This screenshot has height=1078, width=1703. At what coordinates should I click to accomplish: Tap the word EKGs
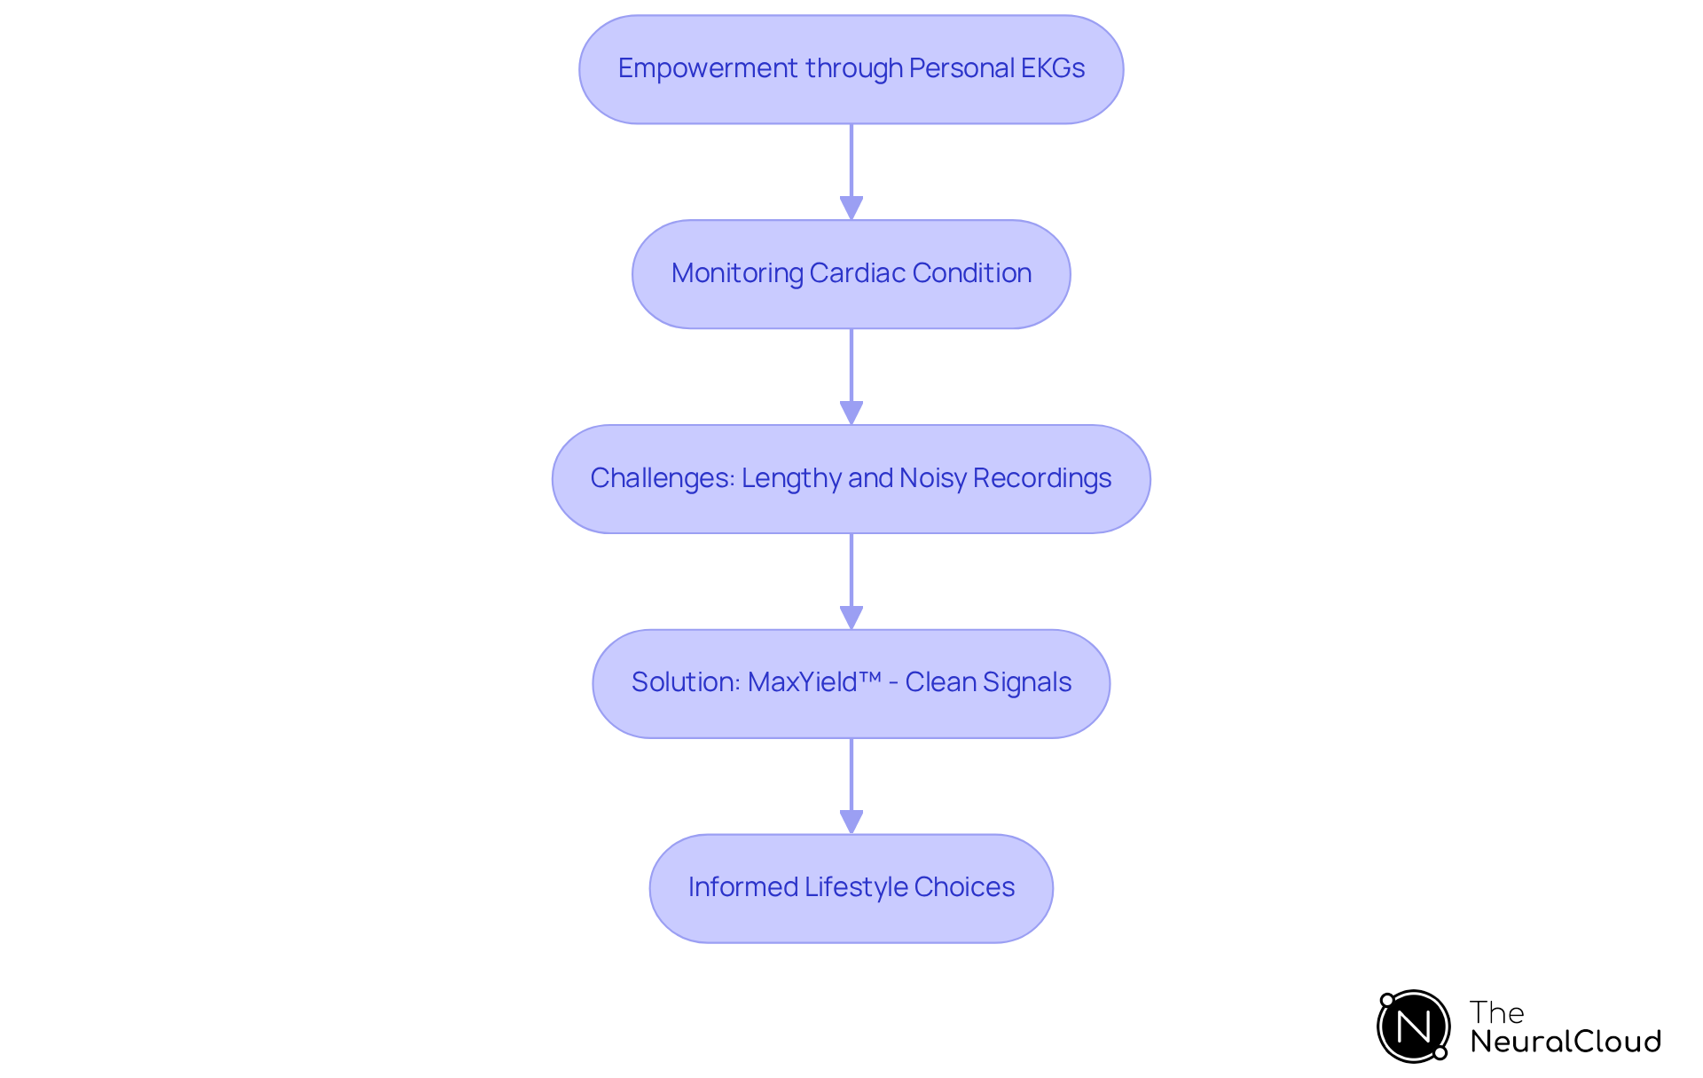pos(1052,68)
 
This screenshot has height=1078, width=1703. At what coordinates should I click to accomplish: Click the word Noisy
pos(932,478)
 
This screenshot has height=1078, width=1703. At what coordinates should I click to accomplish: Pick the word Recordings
pos(1042,478)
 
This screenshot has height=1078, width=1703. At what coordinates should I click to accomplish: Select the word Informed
pos(742,887)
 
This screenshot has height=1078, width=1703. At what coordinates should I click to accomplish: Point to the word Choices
pos(964,887)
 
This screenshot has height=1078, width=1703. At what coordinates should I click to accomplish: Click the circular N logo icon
pos(1413,1027)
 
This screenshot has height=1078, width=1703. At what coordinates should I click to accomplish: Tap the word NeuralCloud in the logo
pos(1566,1042)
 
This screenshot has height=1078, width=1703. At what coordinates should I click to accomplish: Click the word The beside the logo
pos(1496,1012)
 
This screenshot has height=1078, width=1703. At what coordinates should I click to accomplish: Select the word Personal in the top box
pos(961,68)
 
